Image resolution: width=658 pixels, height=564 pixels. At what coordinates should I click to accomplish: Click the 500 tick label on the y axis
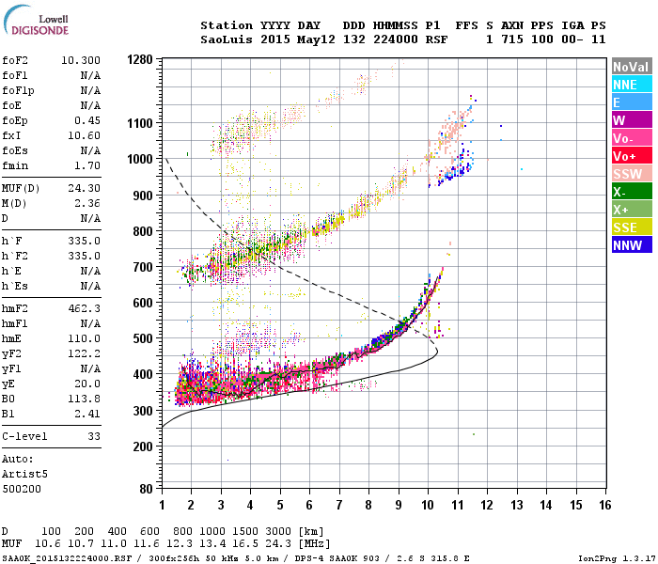(x=143, y=338)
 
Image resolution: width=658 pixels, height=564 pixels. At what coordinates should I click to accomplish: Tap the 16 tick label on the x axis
(x=604, y=506)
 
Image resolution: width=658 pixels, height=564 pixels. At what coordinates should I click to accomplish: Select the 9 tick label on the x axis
(x=399, y=506)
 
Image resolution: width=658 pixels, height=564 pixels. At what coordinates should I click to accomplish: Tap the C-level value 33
(x=93, y=436)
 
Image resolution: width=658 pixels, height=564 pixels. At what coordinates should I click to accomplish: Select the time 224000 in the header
(x=391, y=39)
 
